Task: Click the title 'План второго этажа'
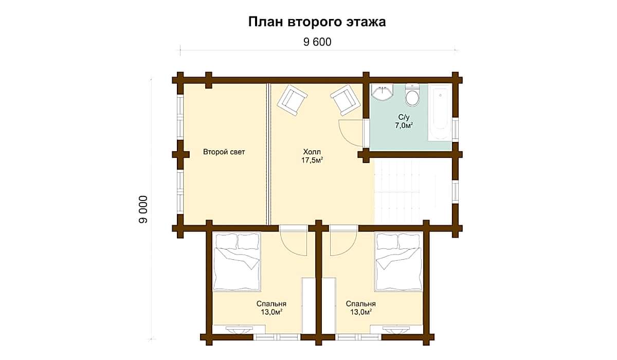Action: (317, 22)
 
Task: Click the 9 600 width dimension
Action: (317, 42)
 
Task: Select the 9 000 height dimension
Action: (143, 209)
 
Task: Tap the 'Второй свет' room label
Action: (224, 152)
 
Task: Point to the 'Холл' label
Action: (312, 152)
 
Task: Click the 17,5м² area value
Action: (312, 160)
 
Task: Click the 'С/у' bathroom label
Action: (404, 118)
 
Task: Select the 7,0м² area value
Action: (404, 125)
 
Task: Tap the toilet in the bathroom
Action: (412, 95)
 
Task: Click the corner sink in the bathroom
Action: (382, 92)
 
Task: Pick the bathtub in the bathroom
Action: (440, 113)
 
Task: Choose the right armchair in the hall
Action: (346, 100)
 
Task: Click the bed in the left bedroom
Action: (237, 262)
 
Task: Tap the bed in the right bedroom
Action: (398, 262)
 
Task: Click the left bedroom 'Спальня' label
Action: (271, 304)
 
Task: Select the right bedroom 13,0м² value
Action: (361, 312)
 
